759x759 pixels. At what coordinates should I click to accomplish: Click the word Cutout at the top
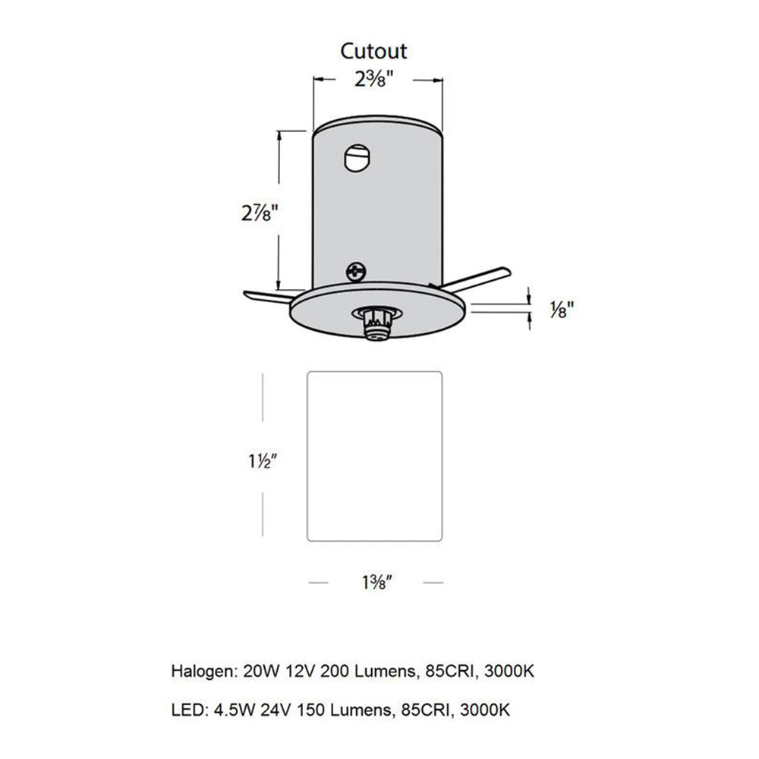373,51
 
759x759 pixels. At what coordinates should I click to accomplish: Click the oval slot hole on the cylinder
357,158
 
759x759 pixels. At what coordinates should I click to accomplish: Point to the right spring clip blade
478,277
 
